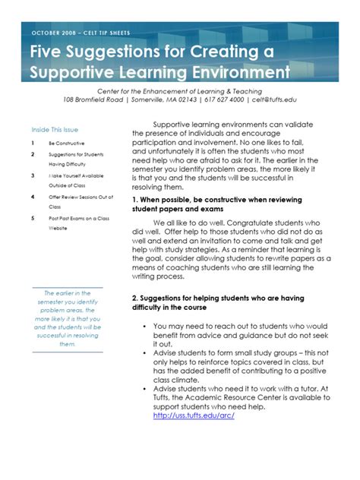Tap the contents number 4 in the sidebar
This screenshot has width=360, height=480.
tap(33, 197)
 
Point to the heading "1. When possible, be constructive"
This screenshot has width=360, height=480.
tap(220, 200)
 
